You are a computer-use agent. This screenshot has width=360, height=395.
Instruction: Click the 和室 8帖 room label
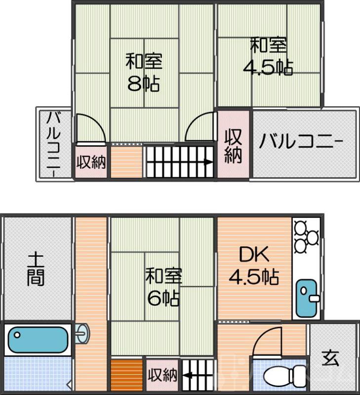click(144, 73)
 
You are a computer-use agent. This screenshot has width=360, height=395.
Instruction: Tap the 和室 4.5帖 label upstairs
click(268, 56)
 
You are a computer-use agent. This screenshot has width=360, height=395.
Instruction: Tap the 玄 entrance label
click(331, 358)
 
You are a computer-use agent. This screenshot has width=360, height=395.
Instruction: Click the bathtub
click(37, 339)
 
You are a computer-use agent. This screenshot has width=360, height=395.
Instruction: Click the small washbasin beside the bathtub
click(84, 333)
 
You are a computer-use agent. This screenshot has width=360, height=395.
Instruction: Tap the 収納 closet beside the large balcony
click(233, 146)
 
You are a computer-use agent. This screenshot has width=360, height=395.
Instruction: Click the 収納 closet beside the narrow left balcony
click(91, 162)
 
